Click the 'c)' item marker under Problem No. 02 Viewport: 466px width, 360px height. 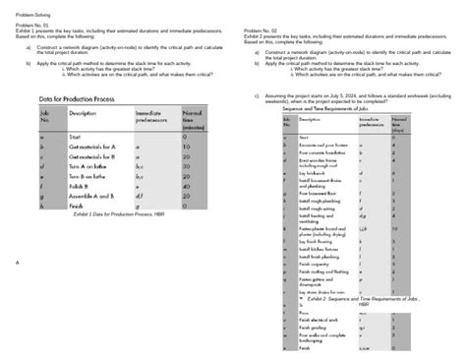click(x=256, y=96)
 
